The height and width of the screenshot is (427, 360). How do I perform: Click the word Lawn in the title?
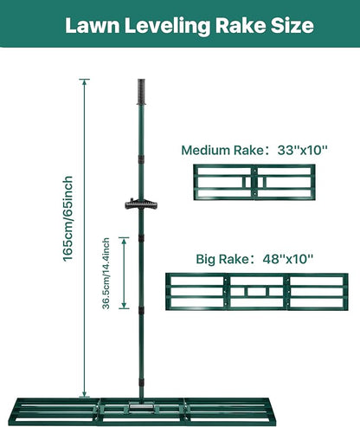click(93, 25)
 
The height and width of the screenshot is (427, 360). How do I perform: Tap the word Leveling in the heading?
click(167, 27)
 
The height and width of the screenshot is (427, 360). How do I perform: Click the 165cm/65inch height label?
click(68, 219)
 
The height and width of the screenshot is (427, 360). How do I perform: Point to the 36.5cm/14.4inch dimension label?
click(106, 273)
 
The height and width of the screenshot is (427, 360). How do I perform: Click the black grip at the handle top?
click(141, 92)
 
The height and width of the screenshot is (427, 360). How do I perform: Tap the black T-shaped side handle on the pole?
click(141, 204)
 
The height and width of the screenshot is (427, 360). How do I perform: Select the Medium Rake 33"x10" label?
click(254, 150)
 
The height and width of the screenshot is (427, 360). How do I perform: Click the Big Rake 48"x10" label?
click(254, 259)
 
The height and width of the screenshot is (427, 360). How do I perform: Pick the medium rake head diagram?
click(254, 182)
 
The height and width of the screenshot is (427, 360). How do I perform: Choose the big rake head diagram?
click(257, 292)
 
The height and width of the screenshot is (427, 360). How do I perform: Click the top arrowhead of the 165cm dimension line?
click(84, 82)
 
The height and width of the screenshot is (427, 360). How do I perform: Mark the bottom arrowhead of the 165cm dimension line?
click(84, 394)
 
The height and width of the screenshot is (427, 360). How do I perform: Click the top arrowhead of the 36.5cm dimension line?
click(124, 241)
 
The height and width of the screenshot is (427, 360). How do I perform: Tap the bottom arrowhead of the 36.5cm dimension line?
click(124, 306)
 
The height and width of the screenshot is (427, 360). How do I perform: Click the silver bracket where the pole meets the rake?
click(141, 406)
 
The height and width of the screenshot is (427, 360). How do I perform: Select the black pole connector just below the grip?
click(141, 159)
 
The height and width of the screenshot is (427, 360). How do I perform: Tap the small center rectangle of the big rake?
click(257, 292)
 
